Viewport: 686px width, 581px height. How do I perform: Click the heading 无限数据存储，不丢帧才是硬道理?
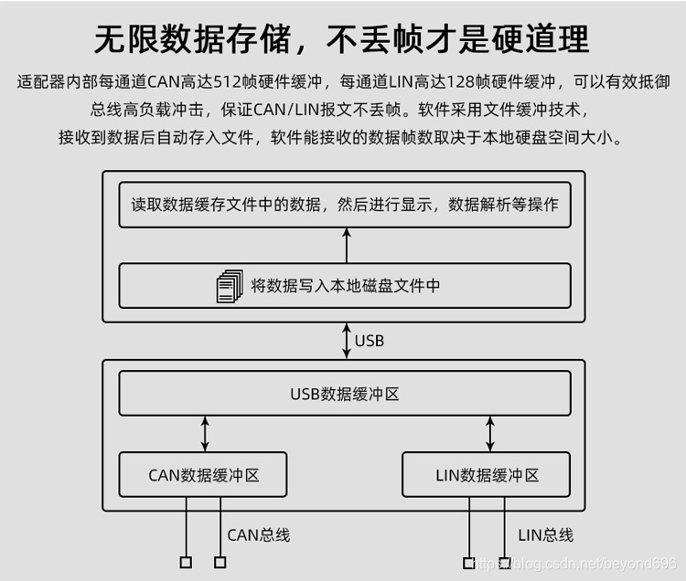tap(342, 38)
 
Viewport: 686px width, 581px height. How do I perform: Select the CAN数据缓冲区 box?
tap(203, 475)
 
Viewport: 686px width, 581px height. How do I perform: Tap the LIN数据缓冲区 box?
tap(487, 475)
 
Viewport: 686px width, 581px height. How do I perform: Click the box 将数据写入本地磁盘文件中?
tap(345, 286)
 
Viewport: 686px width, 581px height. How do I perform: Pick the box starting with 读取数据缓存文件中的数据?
tap(345, 205)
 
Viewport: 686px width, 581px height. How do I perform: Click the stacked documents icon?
tap(230, 286)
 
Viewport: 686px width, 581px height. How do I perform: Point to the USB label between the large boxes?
tap(370, 341)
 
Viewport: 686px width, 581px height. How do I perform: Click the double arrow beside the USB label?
tap(346, 341)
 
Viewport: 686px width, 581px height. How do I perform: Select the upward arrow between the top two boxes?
tap(346, 246)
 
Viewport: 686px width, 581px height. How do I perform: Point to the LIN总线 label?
tap(545, 535)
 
